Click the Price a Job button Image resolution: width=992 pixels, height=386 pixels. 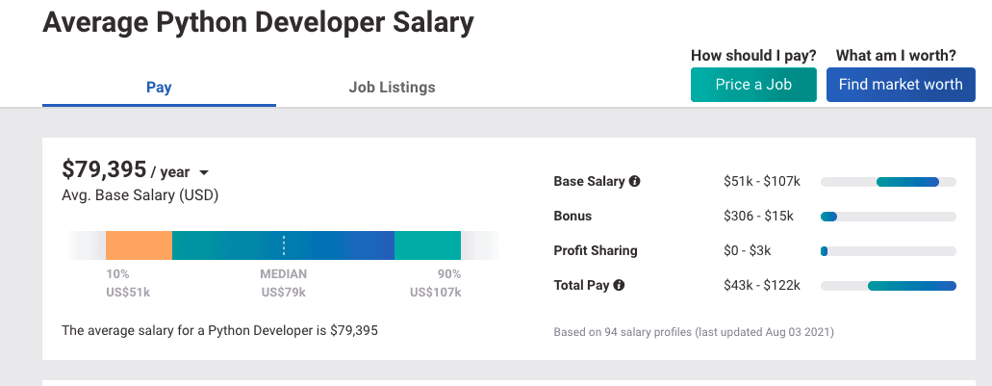pos(753,85)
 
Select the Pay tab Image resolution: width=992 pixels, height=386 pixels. pos(159,87)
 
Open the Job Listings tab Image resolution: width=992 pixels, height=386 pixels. pos(393,87)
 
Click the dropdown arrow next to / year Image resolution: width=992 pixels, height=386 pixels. pos(204,172)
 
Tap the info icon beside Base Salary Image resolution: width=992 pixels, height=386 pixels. pos(634,181)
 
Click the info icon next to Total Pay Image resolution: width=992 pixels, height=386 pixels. pos(619,285)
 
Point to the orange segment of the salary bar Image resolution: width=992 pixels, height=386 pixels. pos(139,245)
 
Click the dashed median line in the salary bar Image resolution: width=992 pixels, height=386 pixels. pos(284,245)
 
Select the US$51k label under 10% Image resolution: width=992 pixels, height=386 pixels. pos(128,293)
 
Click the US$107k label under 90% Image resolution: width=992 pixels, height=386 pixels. pos(435,293)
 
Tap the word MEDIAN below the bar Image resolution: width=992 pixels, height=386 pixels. pos(284,274)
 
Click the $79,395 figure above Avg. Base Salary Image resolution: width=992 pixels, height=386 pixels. pos(104,169)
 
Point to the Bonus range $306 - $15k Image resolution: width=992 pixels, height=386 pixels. pos(758,216)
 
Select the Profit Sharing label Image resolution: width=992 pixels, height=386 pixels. pos(596,250)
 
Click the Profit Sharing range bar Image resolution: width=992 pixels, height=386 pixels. pos(888,251)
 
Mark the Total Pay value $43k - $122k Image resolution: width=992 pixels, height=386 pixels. pos(762,285)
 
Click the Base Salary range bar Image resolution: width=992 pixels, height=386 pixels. pos(888,182)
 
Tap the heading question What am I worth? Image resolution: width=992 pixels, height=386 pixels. pos(896,56)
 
